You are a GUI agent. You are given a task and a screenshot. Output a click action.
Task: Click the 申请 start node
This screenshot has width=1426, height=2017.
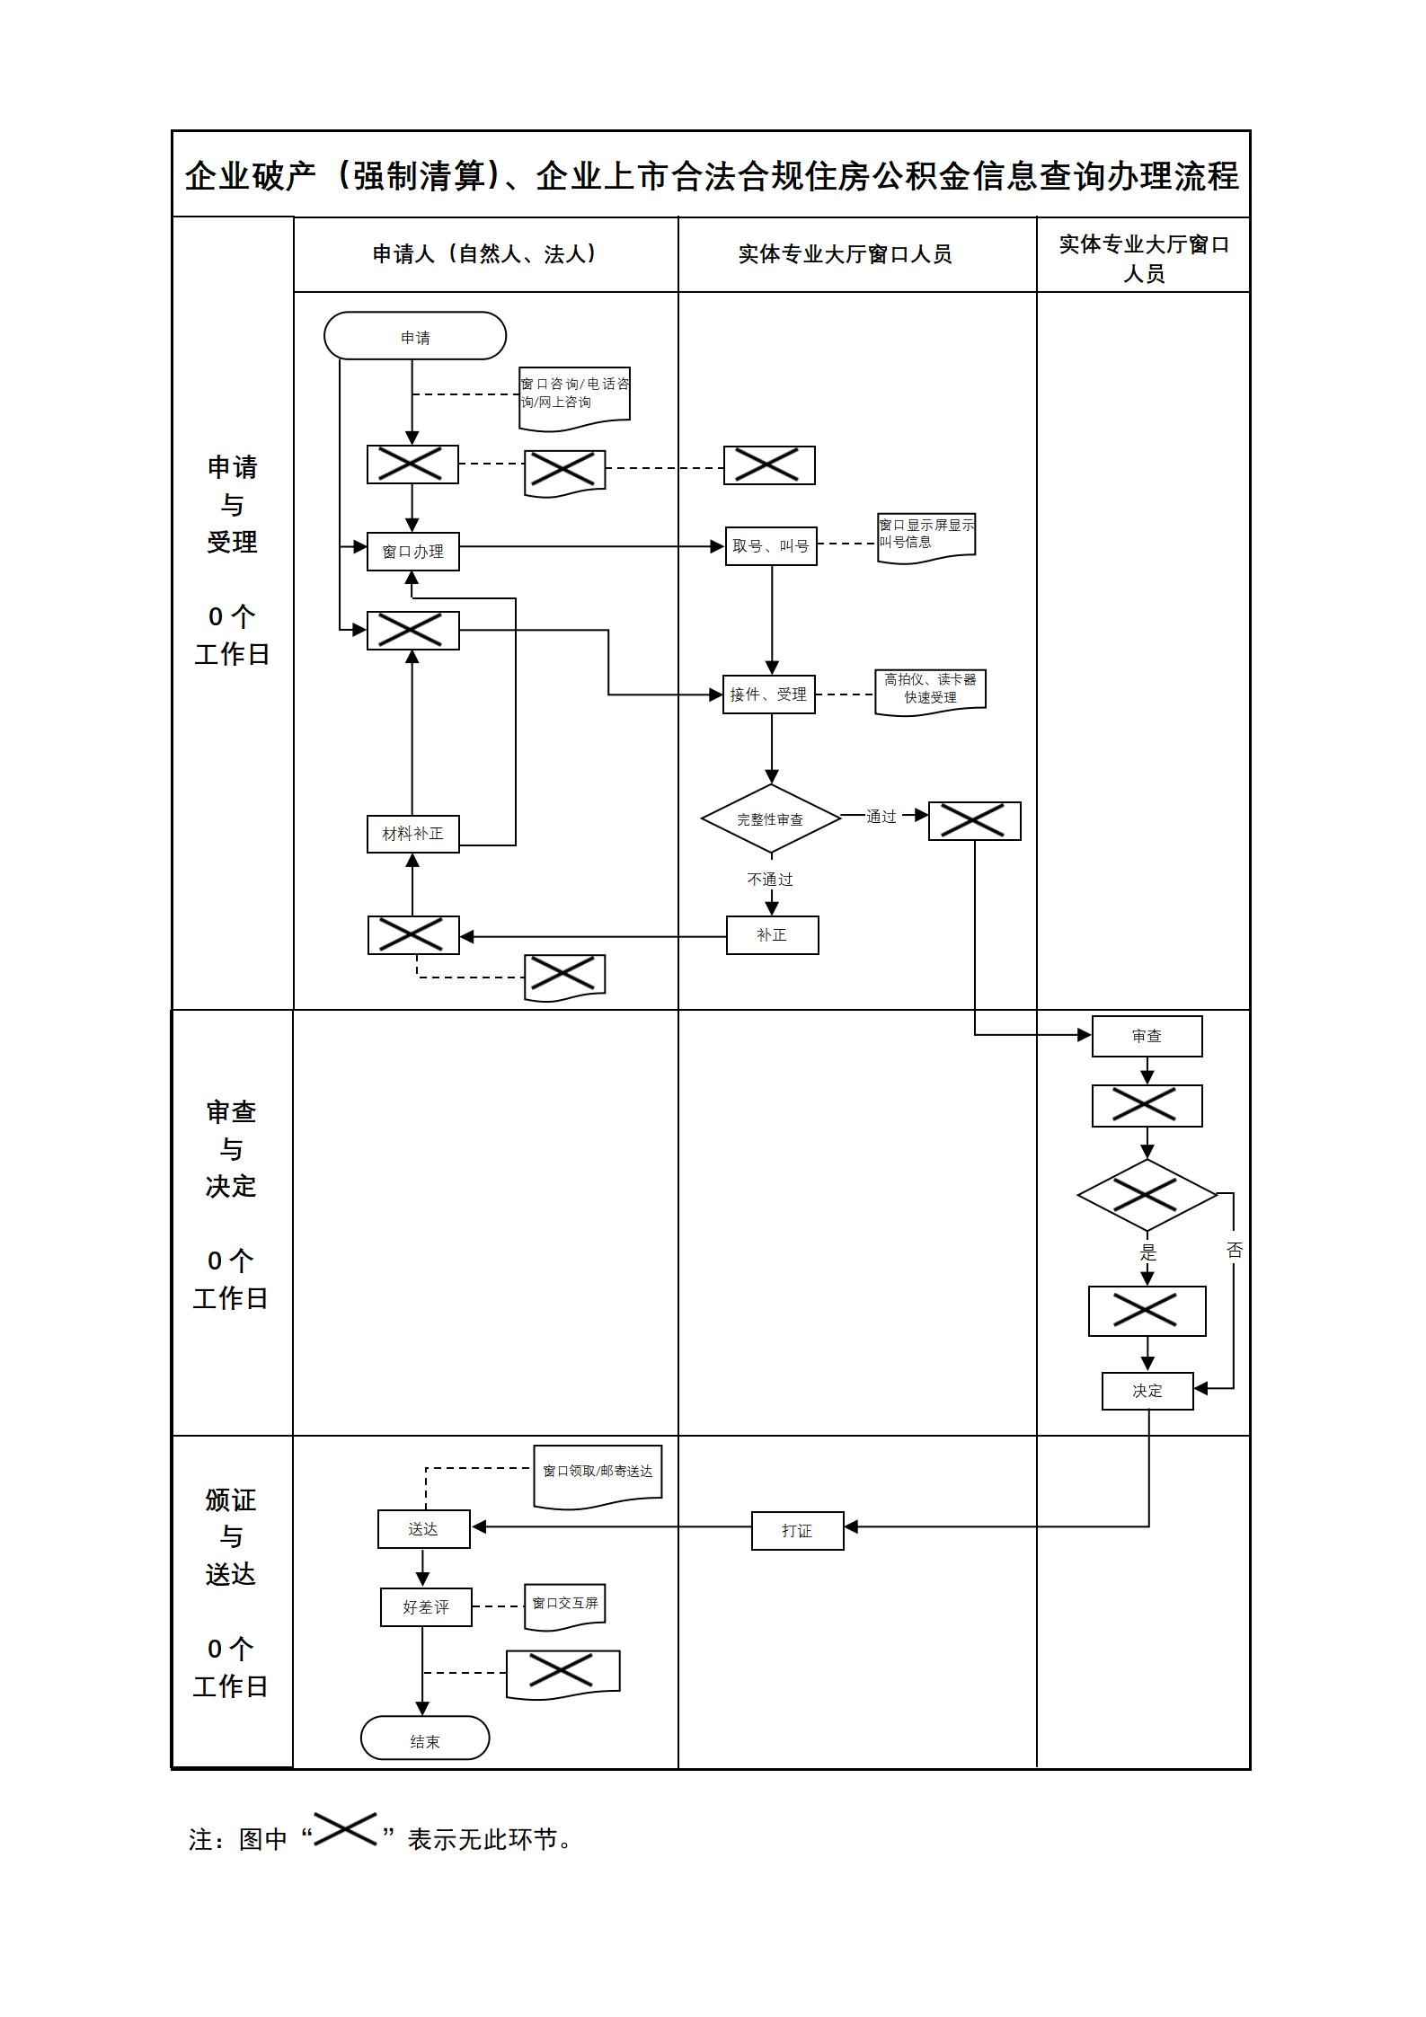coord(415,336)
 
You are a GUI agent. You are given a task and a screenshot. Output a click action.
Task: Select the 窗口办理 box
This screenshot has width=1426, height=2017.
coord(412,551)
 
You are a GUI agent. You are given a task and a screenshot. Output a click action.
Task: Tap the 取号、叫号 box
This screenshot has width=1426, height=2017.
coord(771,545)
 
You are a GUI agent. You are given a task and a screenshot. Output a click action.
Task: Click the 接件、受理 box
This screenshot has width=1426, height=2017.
coord(768,694)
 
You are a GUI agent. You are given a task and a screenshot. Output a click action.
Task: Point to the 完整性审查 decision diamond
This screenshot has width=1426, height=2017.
coord(770,818)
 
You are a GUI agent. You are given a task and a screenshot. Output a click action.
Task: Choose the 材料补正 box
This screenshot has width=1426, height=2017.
coord(412,833)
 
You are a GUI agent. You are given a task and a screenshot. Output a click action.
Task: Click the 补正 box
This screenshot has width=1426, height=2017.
coord(772,934)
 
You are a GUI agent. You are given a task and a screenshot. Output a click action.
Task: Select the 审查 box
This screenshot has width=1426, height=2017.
coord(1147,1036)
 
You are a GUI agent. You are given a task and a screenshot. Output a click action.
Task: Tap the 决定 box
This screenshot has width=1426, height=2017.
coord(1147,1390)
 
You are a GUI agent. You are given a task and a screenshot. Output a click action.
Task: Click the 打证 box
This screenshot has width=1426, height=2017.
coord(797,1530)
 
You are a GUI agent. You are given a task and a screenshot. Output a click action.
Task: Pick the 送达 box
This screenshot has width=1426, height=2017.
coord(423,1528)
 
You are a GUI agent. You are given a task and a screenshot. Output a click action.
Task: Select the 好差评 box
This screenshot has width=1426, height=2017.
coord(426,1606)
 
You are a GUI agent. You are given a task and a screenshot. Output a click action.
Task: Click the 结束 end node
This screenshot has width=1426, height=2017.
coord(425,1741)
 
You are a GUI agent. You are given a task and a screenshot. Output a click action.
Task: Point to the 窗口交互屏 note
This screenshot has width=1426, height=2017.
coord(564,1604)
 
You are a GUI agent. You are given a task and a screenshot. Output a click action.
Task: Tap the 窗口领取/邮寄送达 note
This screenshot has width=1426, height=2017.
coord(598,1472)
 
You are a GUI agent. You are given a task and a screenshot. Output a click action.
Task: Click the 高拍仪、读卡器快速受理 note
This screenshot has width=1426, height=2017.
coord(930,688)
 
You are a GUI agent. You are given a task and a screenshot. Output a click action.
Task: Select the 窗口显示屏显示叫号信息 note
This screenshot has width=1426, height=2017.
coord(926,534)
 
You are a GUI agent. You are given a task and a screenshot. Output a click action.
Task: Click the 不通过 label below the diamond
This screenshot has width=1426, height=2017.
coord(770,879)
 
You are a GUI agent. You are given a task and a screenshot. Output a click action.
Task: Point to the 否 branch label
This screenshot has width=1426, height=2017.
coord(1234,1250)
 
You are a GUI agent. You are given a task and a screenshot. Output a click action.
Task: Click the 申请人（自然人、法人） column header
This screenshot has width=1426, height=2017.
coord(485,254)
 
